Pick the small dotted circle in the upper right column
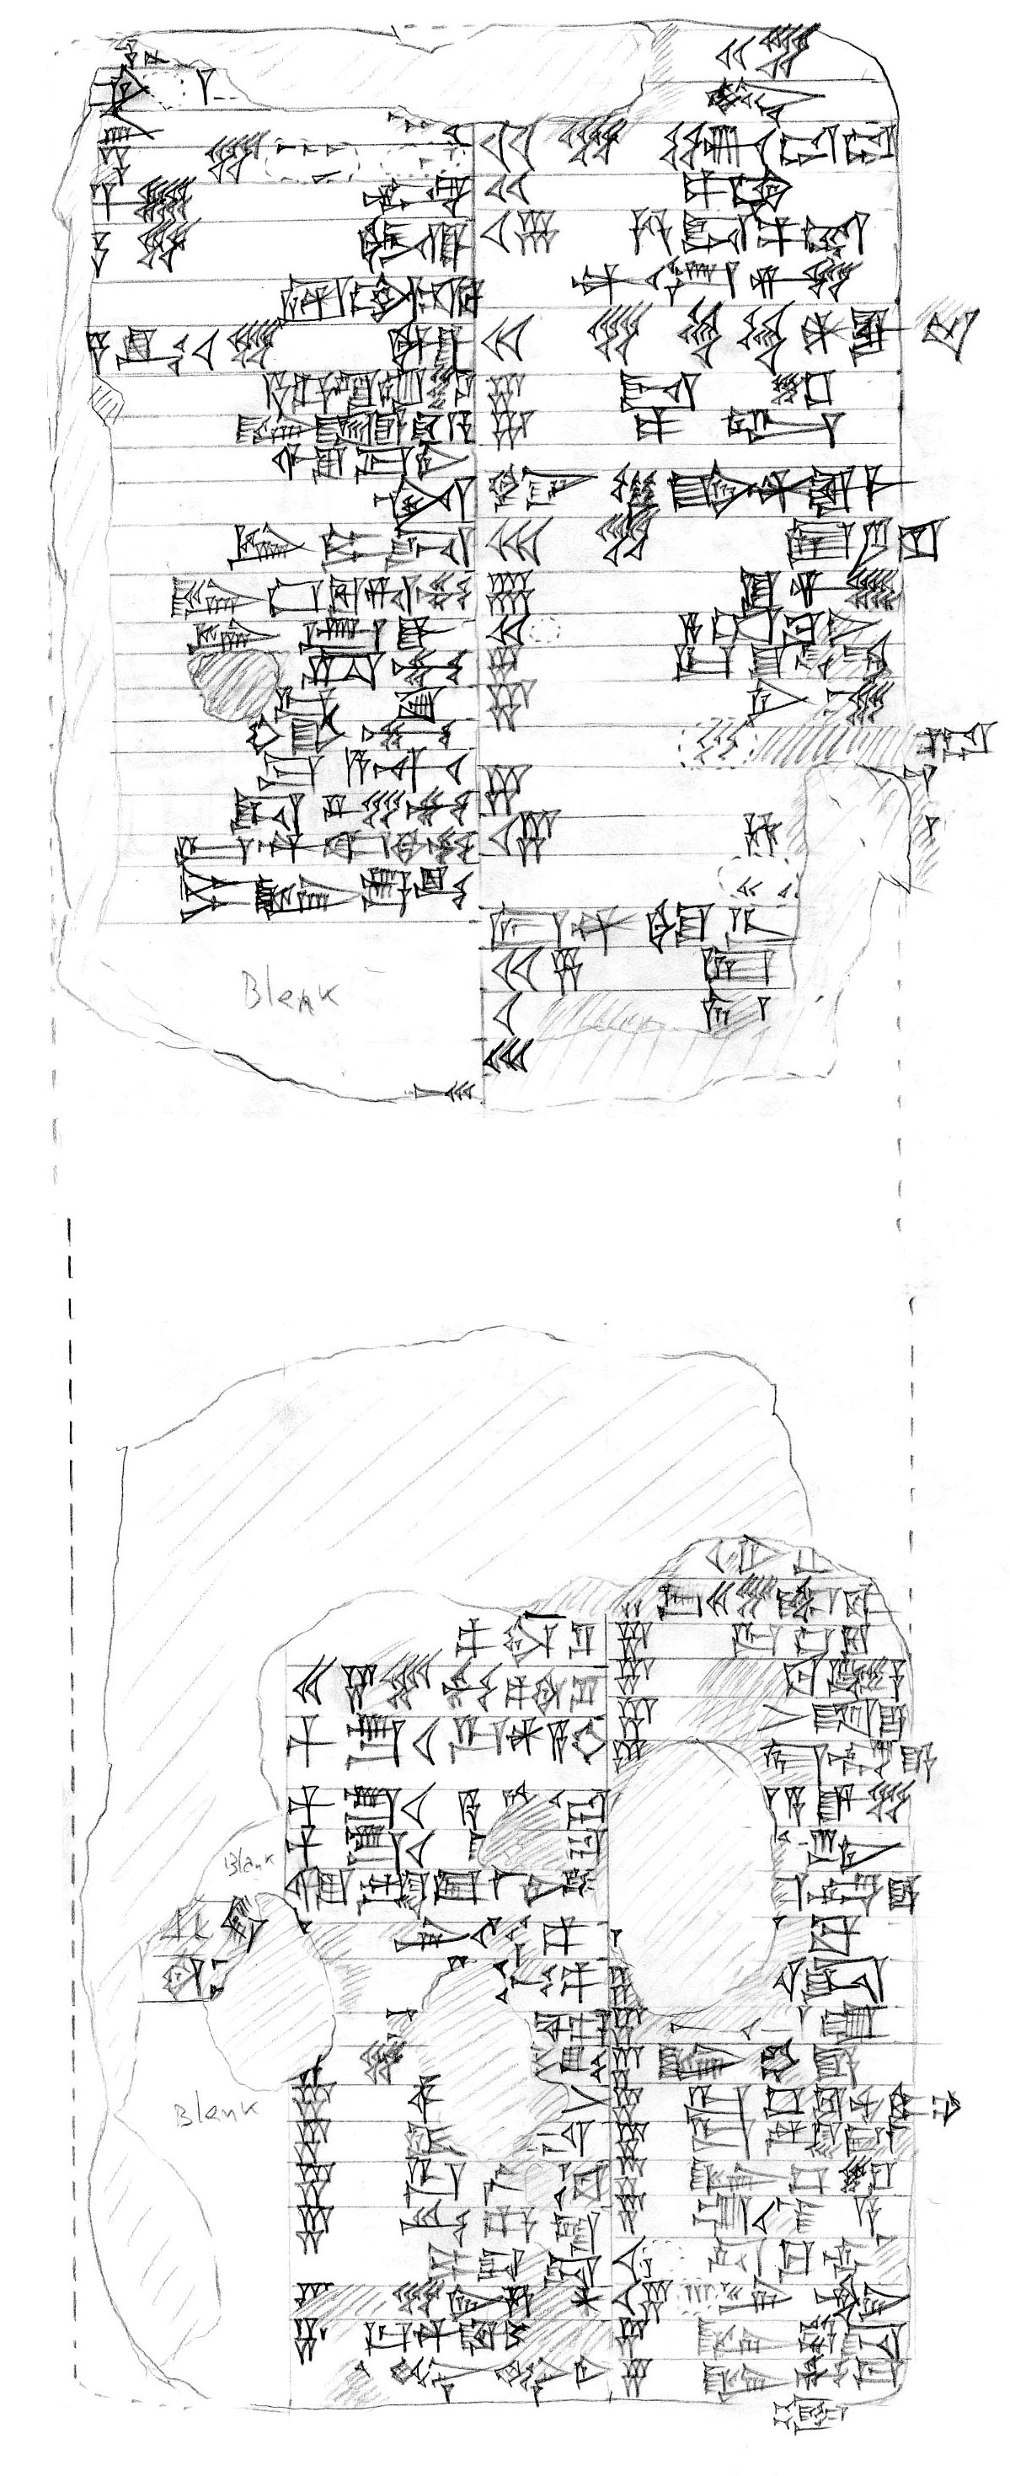coord(545,630)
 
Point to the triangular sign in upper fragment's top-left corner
coord(126,91)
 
